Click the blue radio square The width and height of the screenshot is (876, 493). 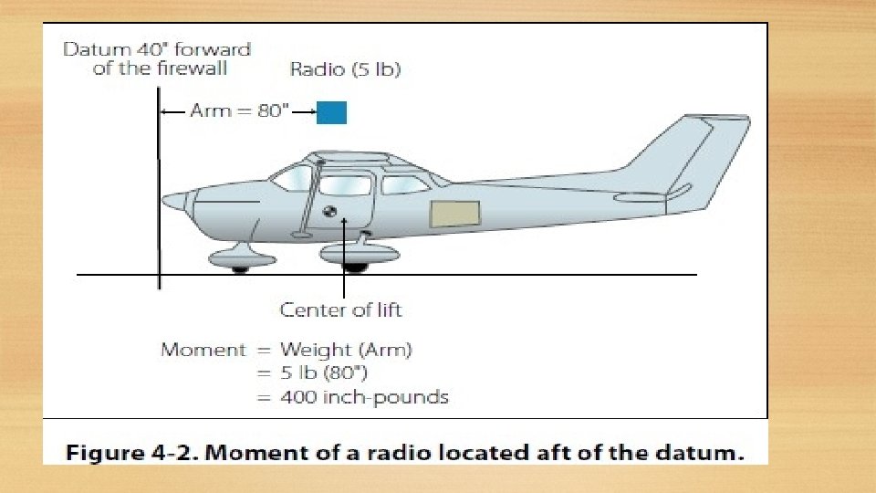click(331, 112)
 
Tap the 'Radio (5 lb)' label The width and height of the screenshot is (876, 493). click(345, 69)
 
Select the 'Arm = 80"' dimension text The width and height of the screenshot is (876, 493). click(239, 111)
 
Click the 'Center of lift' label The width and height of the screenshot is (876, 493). click(340, 310)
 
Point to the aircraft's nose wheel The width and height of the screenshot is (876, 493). click(240, 268)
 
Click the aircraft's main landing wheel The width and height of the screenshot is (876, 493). click(355, 267)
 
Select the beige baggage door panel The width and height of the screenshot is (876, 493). click(455, 213)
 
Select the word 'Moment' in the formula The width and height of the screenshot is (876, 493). click(203, 350)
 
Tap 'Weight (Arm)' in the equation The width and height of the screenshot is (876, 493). click(346, 350)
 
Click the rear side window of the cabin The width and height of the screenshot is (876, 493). click(405, 185)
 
